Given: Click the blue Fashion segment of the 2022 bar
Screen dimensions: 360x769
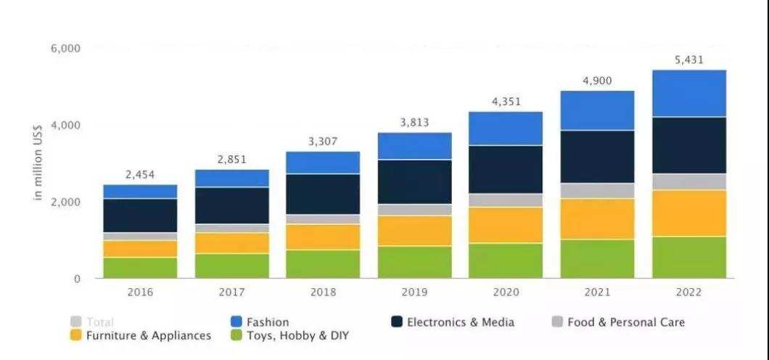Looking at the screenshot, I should coord(689,93).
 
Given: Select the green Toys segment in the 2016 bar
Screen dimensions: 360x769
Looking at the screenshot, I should coord(140,268).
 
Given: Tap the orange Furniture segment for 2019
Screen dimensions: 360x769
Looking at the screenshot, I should coord(414,230).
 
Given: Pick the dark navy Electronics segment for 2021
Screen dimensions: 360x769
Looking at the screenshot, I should coord(597,156).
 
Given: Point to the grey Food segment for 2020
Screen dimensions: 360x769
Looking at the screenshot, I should coord(506,200).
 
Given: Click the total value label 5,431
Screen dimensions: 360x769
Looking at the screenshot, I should coord(688,60).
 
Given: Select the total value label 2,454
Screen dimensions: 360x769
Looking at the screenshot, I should coord(140,174).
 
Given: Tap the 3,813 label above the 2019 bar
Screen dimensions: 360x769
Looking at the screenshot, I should coord(414,123).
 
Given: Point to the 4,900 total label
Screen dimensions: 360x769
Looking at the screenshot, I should coord(597,81).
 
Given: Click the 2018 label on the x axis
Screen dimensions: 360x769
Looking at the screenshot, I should coord(323,292).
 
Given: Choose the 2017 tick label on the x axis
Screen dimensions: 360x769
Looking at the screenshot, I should coord(231,292).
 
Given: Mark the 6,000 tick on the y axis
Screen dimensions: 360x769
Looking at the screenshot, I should coord(65,49).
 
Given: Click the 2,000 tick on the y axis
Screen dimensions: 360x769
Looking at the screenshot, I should coord(65,202).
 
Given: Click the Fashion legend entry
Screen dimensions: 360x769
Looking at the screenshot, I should coord(260,322).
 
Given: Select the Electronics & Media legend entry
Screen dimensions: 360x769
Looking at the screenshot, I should coord(451,322).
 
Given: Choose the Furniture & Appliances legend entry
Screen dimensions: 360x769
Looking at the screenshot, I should coord(141,335).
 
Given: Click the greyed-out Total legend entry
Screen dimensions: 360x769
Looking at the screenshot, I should coord(92,322).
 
